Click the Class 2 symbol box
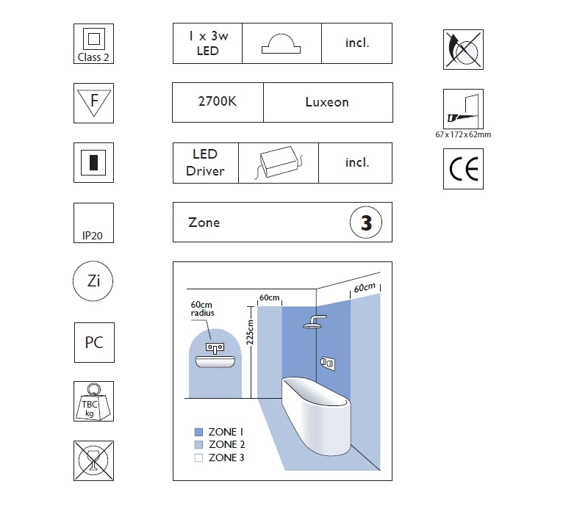tap(94, 43)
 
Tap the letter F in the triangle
tap(94, 101)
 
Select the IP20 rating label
tap(94, 236)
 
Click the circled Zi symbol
tap(94, 281)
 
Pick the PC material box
tap(94, 342)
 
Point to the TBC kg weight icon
tap(94, 402)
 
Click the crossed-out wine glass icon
tap(94, 460)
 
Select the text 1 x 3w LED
tap(207, 43)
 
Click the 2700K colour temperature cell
tap(217, 102)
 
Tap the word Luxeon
tap(327, 102)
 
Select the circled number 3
tap(365, 223)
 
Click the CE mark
tap(463, 170)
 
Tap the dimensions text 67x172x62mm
tap(463, 134)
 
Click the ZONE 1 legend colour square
tap(198, 432)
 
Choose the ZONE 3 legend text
tap(227, 458)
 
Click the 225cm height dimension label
tap(250, 331)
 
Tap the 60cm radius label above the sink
tap(204, 308)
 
